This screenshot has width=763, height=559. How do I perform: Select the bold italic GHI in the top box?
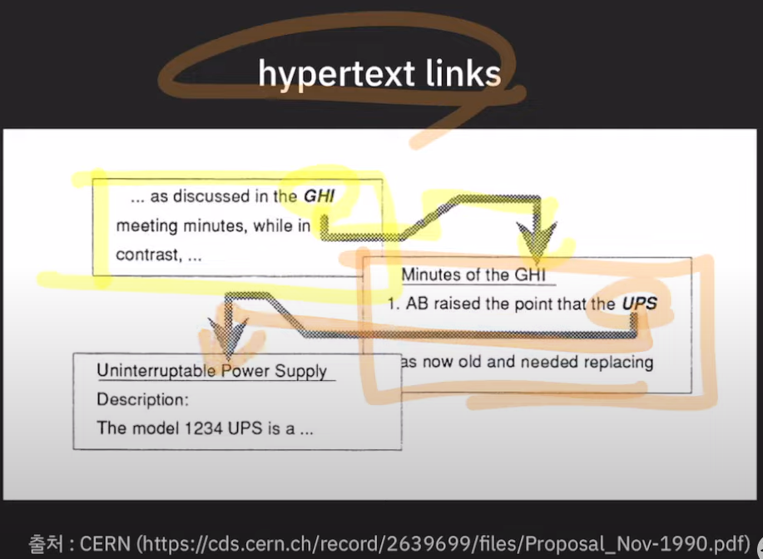pos(319,197)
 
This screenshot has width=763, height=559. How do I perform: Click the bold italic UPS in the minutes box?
pos(639,304)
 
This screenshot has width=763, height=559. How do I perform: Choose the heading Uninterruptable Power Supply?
pos(211,371)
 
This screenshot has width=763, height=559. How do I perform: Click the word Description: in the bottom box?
pos(143,400)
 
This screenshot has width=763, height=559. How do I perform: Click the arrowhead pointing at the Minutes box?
pos(538,242)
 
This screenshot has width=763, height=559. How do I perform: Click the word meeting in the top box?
pos(144,225)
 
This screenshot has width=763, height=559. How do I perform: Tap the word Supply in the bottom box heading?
pos(301,371)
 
